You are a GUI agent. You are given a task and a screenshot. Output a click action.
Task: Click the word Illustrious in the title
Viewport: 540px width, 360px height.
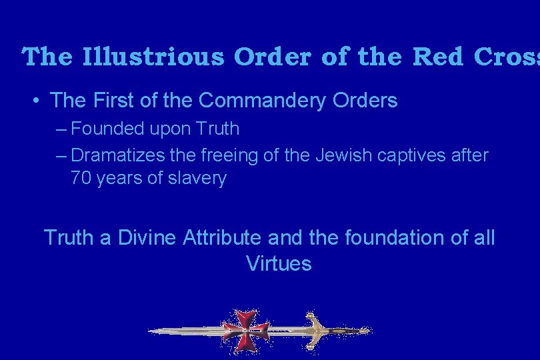[x=154, y=57]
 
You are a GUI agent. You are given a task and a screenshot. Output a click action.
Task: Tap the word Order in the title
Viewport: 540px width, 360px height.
[x=273, y=57]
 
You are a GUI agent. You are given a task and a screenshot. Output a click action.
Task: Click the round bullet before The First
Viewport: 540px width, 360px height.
[x=37, y=101]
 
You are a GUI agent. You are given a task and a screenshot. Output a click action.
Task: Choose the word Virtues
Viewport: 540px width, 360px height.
[x=279, y=263]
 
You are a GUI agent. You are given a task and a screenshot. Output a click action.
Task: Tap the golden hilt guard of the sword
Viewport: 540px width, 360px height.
[x=313, y=329]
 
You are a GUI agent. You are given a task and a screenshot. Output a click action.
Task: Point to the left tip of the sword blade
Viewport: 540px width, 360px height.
[x=149, y=331]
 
